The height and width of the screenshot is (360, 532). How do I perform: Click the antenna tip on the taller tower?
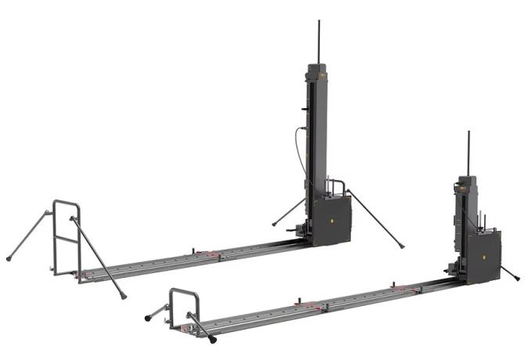318,22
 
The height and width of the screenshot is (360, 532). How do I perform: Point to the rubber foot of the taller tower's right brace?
402,247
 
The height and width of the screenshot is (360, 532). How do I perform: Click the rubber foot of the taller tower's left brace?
274,225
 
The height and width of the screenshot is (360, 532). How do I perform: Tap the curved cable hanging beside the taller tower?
297,149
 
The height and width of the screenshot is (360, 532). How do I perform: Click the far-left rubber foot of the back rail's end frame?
9,258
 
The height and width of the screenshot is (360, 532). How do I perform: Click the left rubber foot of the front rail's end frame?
147,319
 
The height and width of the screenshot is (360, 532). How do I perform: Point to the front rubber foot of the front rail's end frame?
214,340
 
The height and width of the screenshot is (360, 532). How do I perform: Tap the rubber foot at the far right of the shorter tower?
517,278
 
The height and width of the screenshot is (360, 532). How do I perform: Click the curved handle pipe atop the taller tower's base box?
339,185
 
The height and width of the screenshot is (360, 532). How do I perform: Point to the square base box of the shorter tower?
483,255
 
